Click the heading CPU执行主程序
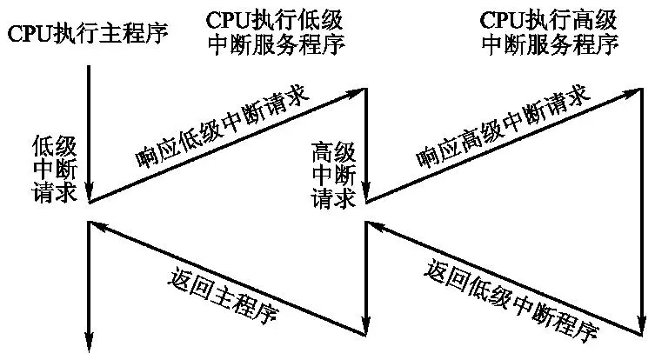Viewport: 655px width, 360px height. (x=87, y=36)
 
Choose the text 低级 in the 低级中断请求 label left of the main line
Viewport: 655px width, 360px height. (x=49, y=143)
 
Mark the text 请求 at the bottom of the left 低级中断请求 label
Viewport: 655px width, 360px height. (x=49, y=190)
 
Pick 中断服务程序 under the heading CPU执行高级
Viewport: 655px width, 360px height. (x=550, y=44)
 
